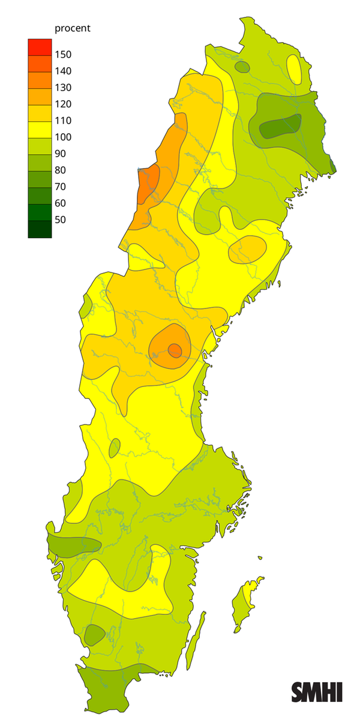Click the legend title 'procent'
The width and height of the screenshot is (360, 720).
pyautogui.click(x=72, y=28)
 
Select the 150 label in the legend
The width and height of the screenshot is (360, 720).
pyautogui.click(x=63, y=55)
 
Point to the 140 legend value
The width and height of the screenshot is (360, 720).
pyautogui.click(x=63, y=71)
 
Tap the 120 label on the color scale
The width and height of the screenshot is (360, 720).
pyautogui.click(x=63, y=104)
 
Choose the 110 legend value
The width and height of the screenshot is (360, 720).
pyautogui.click(x=63, y=121)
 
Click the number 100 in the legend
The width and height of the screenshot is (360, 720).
pyautogui.click(x=63, y=137)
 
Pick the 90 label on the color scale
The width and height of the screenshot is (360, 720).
pyautogui.click(x=61, y=154)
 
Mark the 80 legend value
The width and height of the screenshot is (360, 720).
pyautogui.click(x=61, y=170)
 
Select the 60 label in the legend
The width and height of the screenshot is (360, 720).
pyautogui.click(x=61, y=203)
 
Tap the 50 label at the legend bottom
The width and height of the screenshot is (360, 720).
pyautogui.click(x=61, y=220)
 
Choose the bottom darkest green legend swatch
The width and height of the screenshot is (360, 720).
pyautogui.click(x=40, y=229)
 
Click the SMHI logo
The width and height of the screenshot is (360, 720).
pyautogui.click(x=317, y=692)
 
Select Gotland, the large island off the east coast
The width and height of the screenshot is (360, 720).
pyautogui.click(x=246, y=603)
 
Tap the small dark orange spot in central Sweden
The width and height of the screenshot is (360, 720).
pyautogui.click(x=175, y=349)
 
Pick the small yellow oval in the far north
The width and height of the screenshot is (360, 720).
pyautogui.click(x=293, y=69)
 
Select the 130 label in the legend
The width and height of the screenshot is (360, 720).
pyautogui.click(x=63, y=88)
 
